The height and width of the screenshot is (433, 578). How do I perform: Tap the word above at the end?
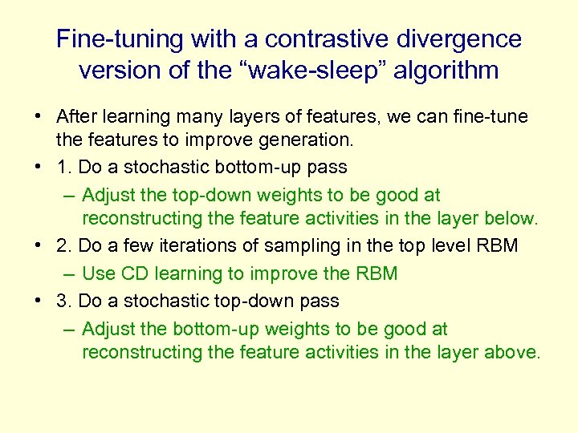click(515, 352)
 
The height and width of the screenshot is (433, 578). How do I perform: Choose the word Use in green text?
click(99, 273)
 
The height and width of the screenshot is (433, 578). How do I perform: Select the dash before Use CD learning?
click(67, 273)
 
